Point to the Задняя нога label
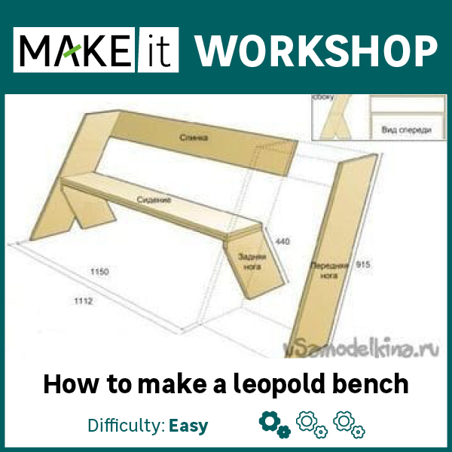(x=251, y=261)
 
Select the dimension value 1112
(x=83, y=301)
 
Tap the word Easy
(x=188, y=426)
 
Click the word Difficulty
(x=125, y=426)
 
